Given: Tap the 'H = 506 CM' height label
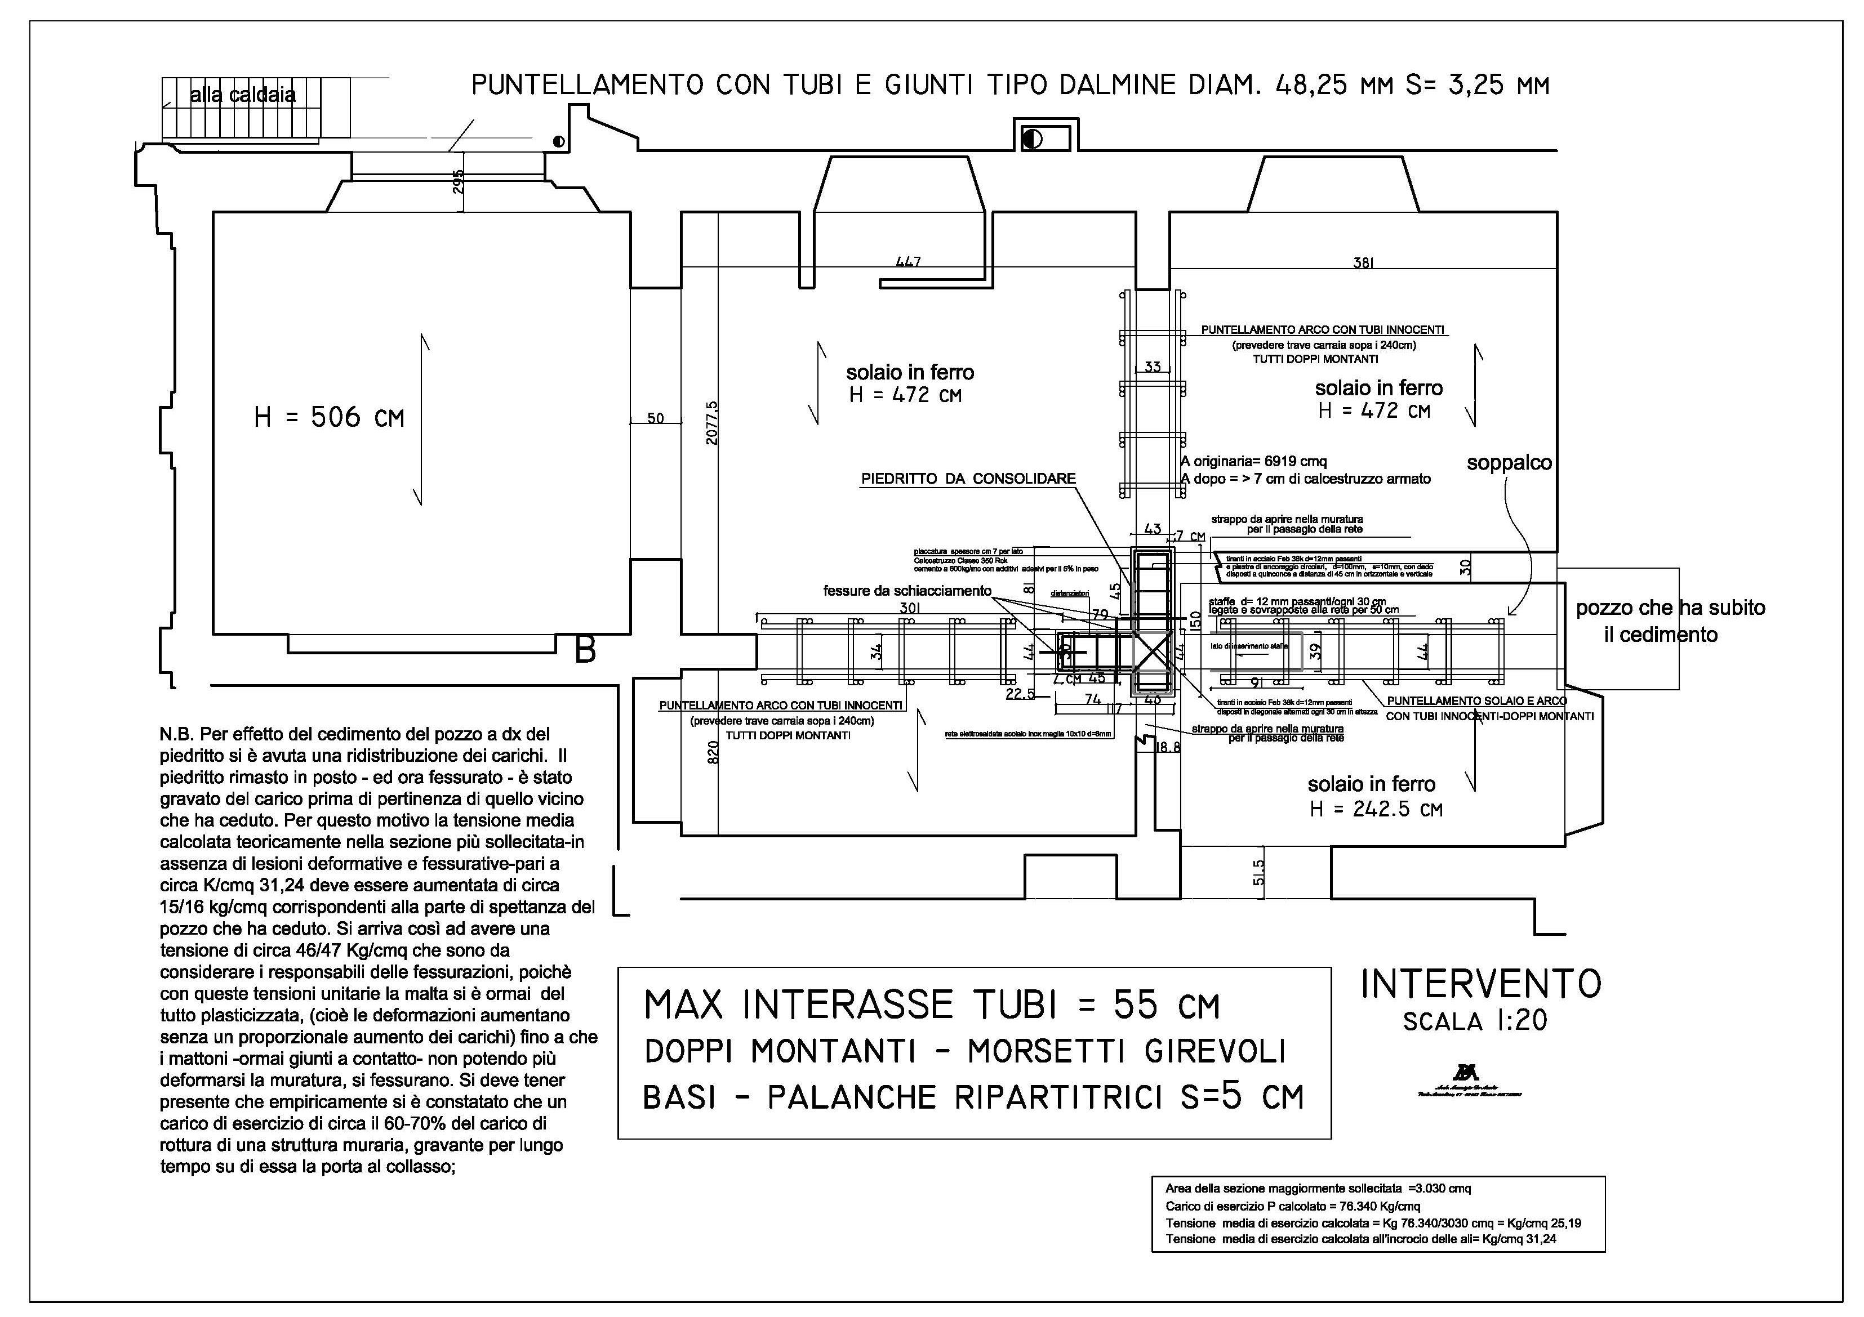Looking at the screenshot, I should [x=329, y=418].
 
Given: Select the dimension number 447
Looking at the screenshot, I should [x=909, y=261].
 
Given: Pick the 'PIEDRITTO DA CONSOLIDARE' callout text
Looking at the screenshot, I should [x=968, y=479].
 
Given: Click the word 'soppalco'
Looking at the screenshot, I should [x=1509, y=463].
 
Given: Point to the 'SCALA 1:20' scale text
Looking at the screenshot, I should [x=1475, y=1021].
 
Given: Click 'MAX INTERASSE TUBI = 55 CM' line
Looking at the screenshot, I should [x=931, y=1006].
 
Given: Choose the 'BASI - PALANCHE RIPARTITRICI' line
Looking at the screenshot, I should [x=973, y=1097].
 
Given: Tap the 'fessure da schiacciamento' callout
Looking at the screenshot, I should [x=907, y=591].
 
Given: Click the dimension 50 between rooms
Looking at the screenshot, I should [x=655, y=419].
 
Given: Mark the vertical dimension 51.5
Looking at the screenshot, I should [x=1258, y=873].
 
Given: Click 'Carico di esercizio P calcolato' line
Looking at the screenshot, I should [x=1292, y=1206].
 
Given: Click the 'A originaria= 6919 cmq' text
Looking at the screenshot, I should [x=1253, y=461].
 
